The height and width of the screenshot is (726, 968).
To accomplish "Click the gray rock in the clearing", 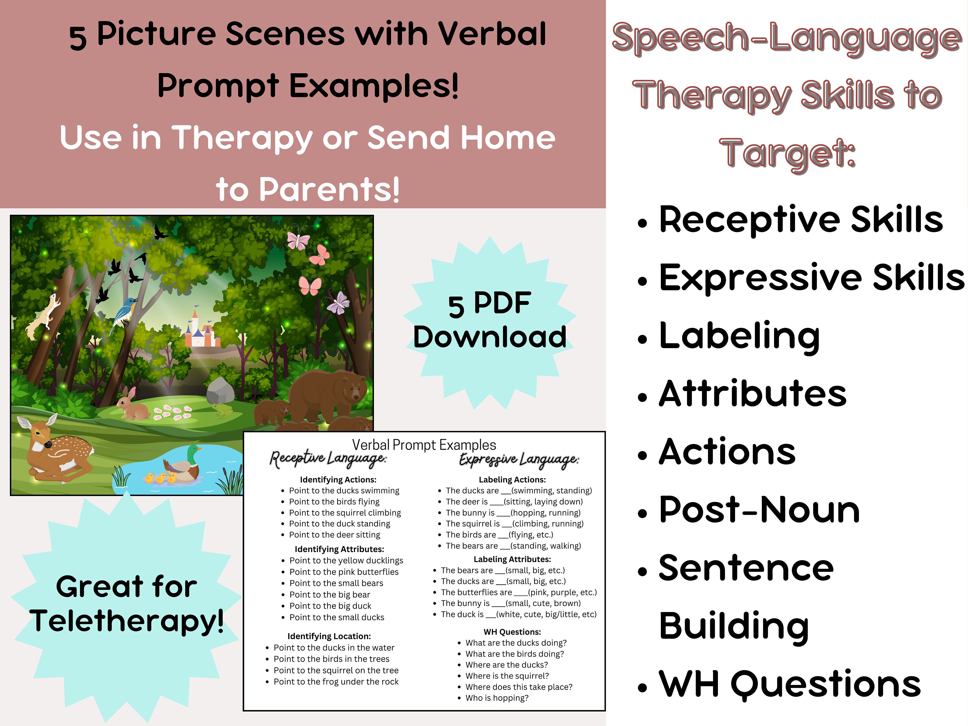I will pos(220,390).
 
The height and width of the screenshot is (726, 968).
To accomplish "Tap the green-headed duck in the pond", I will pos(184,466).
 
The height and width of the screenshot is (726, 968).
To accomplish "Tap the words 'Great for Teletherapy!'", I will pos(126,604).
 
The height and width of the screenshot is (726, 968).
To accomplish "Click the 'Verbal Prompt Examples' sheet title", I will pos(424,445).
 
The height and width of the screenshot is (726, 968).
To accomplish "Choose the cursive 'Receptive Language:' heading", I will pos(328,459).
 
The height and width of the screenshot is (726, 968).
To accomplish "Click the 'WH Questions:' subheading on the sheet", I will pos(512,631).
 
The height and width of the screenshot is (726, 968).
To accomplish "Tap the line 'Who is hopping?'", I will pos(497,698).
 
